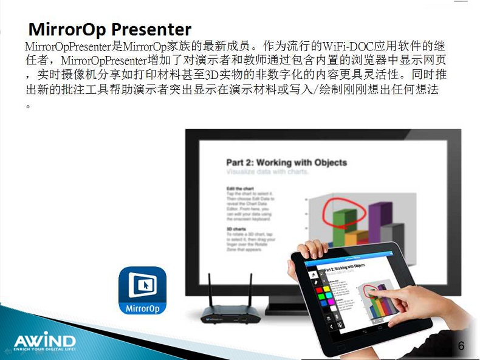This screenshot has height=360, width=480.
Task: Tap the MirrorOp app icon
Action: click(x=142, y=290)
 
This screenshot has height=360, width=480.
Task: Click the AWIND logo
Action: click(x=44, y=340)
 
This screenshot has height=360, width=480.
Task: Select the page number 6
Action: click(x=461, y=346)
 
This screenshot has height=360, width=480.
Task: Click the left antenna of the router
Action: click(x=210, y=289)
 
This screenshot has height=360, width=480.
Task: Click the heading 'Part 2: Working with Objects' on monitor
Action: click(x=286, y=162)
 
